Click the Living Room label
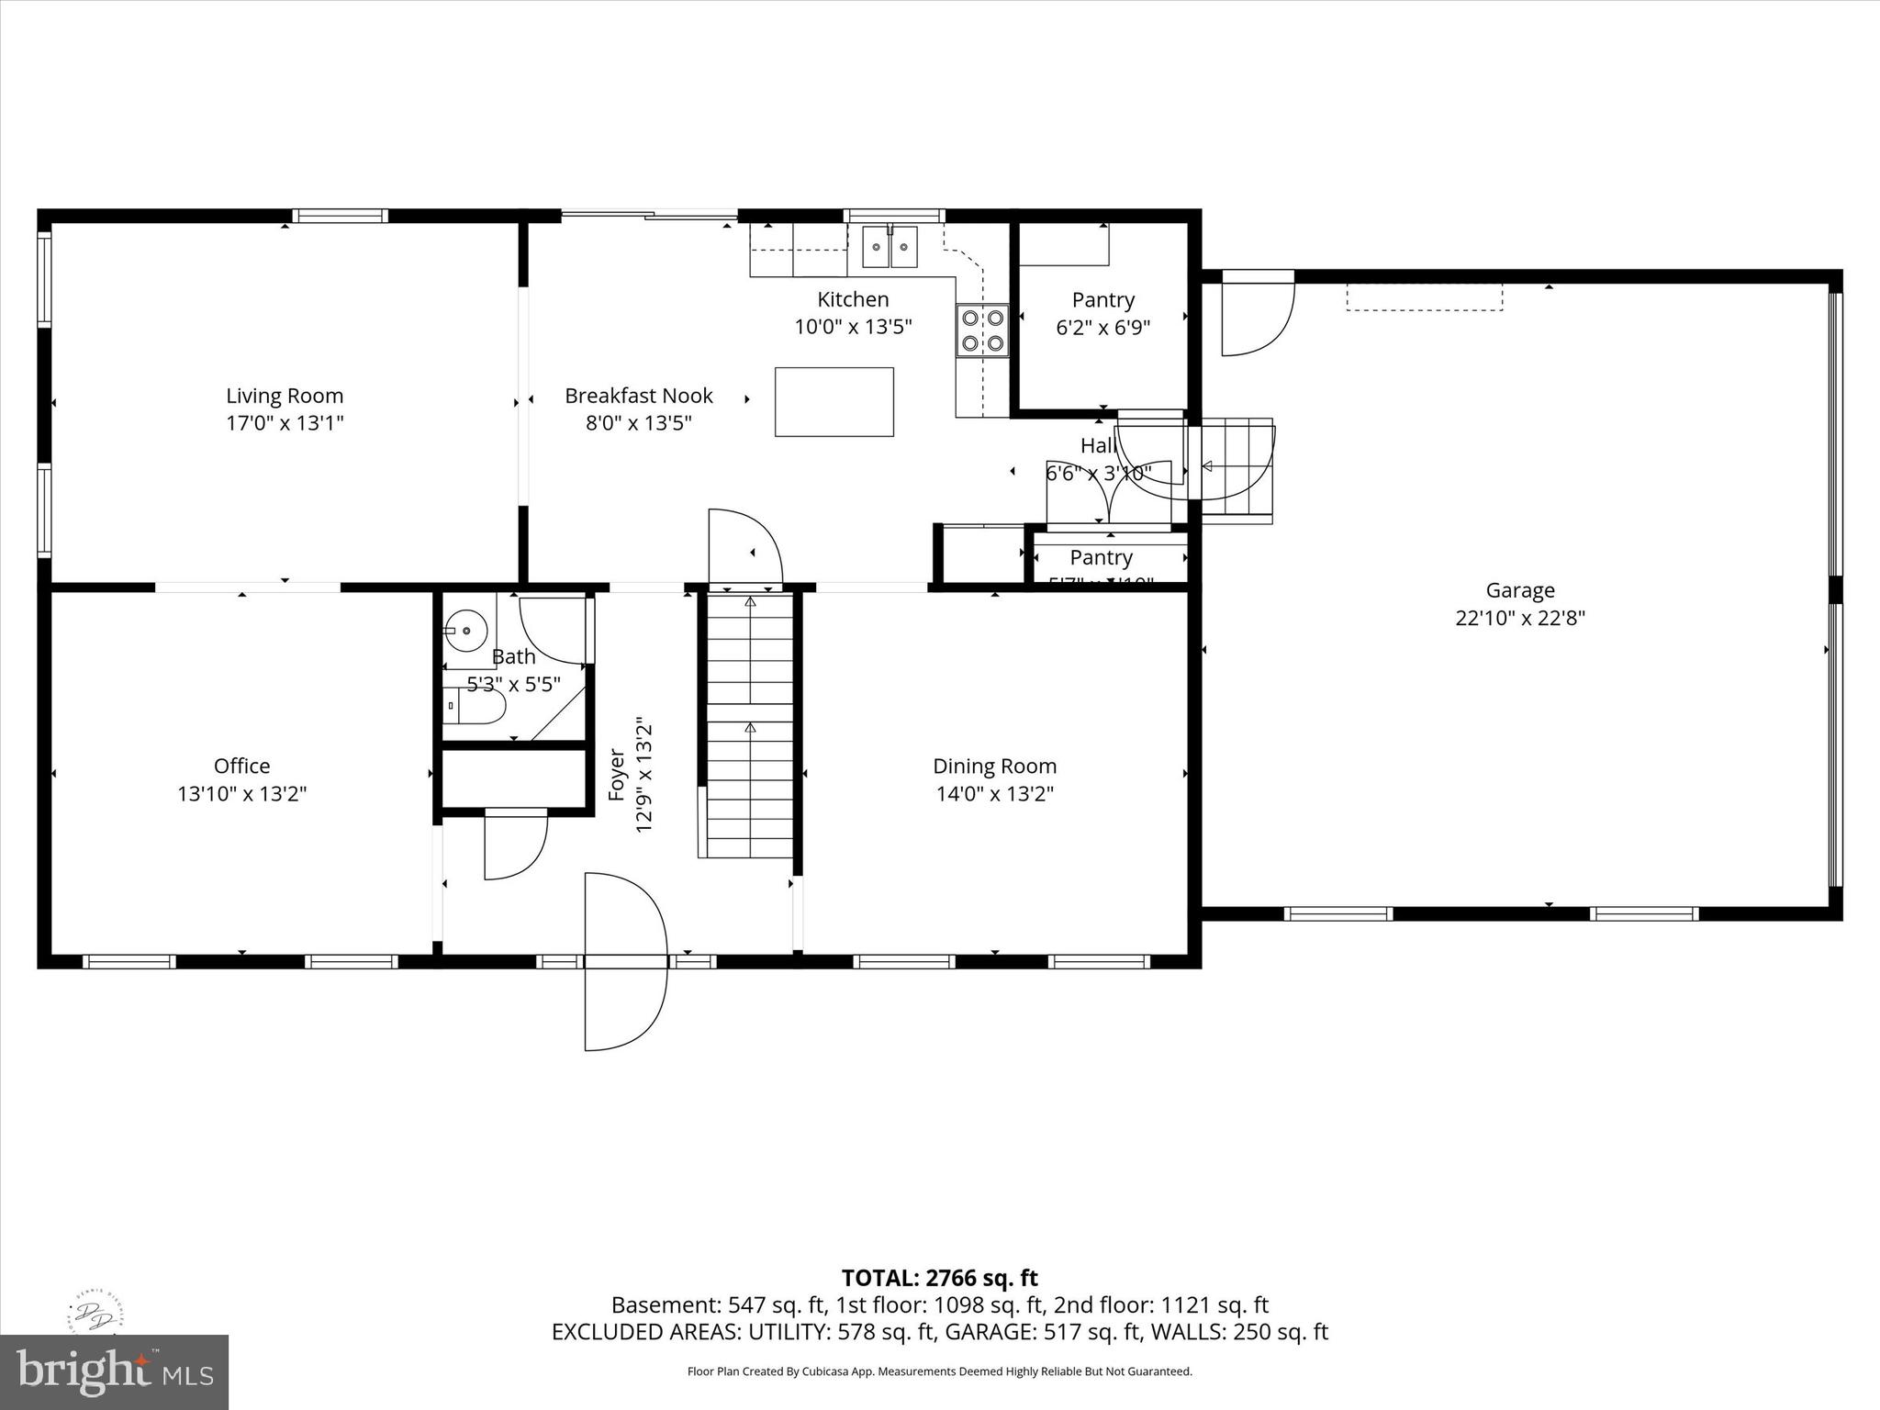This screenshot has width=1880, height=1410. point(285,396)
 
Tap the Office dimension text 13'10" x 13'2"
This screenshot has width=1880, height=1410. point(241,794)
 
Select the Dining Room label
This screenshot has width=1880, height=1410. point(994,766)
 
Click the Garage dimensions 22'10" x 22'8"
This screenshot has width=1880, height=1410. point(1520,618)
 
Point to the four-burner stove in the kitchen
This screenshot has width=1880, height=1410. point(982,330)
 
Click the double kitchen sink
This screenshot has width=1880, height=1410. point(890,247)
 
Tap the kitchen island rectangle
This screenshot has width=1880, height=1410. point(834,401)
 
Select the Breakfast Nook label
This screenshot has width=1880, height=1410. point(639,396)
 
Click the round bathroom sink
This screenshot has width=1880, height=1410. point(466,631)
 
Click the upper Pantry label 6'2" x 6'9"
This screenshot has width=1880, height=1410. point(1102,313)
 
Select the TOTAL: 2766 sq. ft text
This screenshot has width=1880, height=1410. point(939,1278)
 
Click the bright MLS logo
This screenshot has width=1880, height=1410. point(114,1371)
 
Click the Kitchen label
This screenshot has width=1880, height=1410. point(853,299)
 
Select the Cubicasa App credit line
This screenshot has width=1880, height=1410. point(939,1371)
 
